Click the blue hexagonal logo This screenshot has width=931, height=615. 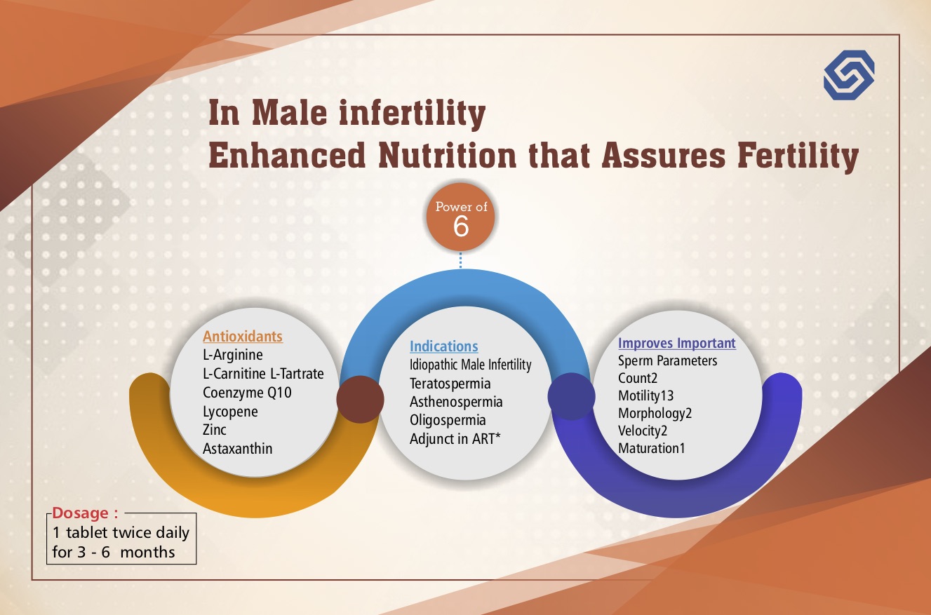click(849, 75)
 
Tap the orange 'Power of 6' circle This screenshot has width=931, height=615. click(460, 217)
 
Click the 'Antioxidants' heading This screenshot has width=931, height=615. click(243, 336)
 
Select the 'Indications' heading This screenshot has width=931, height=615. click(444, 346)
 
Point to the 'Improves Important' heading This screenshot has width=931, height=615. click(676, 343)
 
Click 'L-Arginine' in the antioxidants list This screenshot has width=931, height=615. click(233, 355)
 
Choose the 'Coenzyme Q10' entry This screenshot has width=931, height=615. click(247, 393)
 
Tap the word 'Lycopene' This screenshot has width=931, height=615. click(230, 412)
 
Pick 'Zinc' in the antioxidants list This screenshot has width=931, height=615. click(215, 430)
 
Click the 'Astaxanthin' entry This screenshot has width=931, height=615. click(237, 449)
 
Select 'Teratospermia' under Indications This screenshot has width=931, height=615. click(450, 384)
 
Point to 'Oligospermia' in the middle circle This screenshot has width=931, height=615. click(448, 420)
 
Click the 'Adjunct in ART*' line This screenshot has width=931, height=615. click(455, 439)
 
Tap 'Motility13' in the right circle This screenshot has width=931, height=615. click(646, 396)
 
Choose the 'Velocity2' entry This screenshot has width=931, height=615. click(643, 431)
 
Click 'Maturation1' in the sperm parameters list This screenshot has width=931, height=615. click(651, 448)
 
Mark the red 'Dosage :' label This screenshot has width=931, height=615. click(85, 513)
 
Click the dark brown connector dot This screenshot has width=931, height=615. click(360, 399)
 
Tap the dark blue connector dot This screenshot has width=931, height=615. click(572, 396)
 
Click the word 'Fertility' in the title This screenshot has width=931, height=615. click(798, 156)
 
